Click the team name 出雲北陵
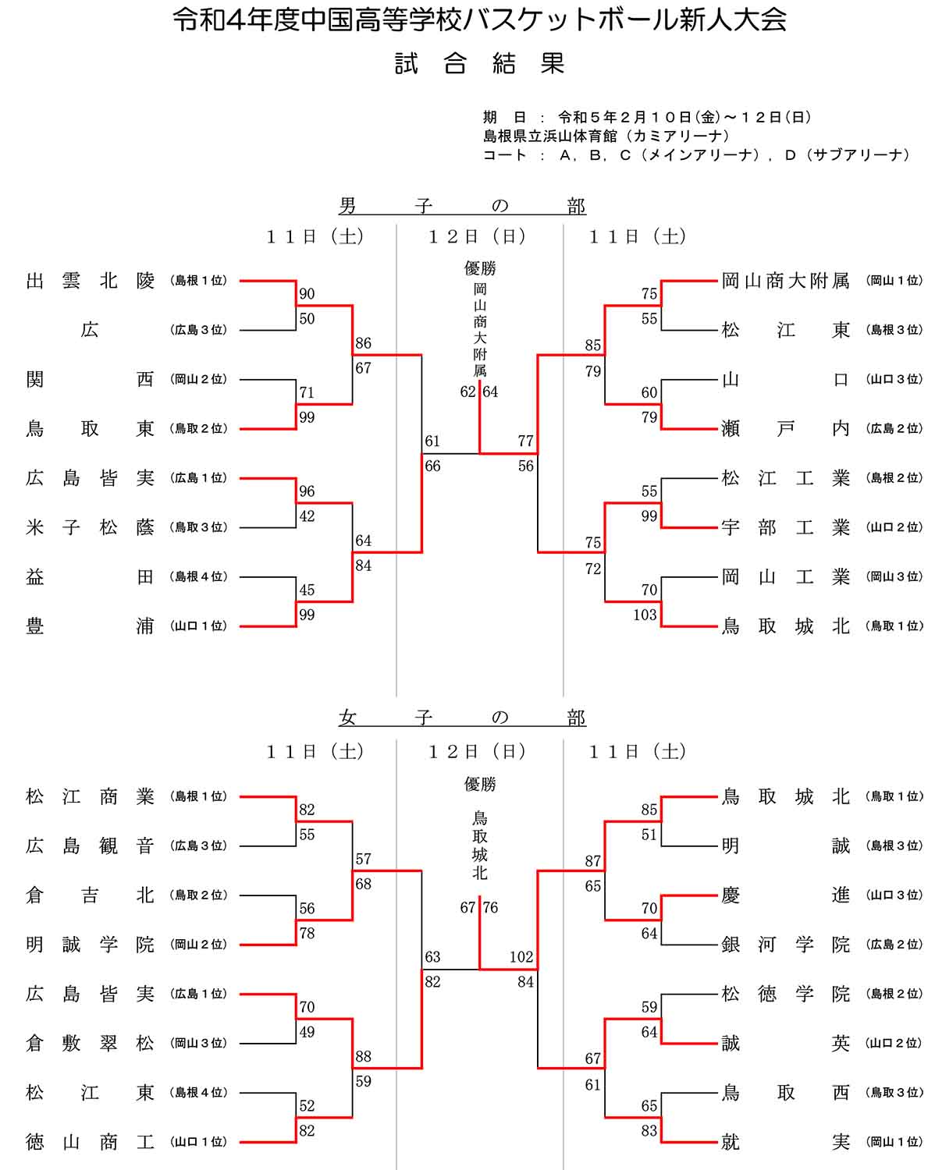[91, 281]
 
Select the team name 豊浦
[91, 626]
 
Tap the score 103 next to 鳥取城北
[645, 615]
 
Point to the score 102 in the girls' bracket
[521, 957]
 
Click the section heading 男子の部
[462, 206]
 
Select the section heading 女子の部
[462, 718]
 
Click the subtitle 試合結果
[479, 64]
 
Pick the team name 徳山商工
[91, 1142]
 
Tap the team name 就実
[785, 1142]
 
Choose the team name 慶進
[785, 895]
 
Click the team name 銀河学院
[785, 945]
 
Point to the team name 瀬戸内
[785, 429]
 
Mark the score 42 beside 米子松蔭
[307, 516]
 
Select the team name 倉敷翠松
[91, 1044]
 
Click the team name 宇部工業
[785, 527]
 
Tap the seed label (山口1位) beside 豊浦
[199, 626]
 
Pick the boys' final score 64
[490, 392]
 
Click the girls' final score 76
[490, 907]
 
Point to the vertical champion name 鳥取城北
[480, 846]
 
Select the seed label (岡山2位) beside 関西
[199, 380]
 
